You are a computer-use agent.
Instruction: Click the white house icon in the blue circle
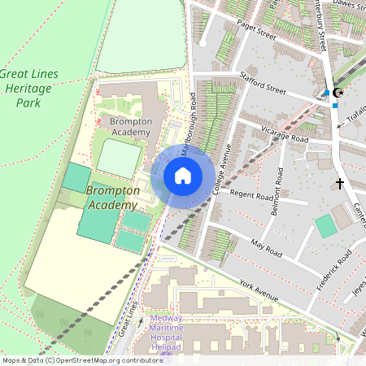click(183, 175)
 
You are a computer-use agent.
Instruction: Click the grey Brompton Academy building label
click(130, 127)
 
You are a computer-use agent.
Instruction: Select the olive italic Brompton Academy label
click(113, 198)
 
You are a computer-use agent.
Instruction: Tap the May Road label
click(266, 248)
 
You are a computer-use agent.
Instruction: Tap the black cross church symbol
click(339, 184)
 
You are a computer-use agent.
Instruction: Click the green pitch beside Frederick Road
click(326, 226)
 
